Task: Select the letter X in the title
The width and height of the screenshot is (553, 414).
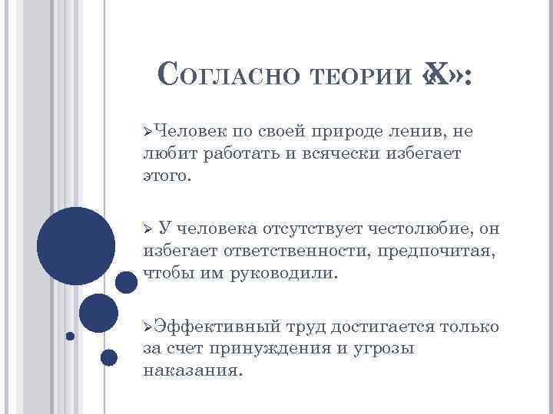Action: click(x=436, y=76)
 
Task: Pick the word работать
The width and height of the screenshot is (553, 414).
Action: click(x=235, y=154)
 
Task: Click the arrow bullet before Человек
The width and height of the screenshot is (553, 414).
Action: click(x=147, y=132)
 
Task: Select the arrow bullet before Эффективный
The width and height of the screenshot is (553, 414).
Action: click(x=147, y=327)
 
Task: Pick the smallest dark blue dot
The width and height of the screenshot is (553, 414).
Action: click(x=70, y=336)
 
